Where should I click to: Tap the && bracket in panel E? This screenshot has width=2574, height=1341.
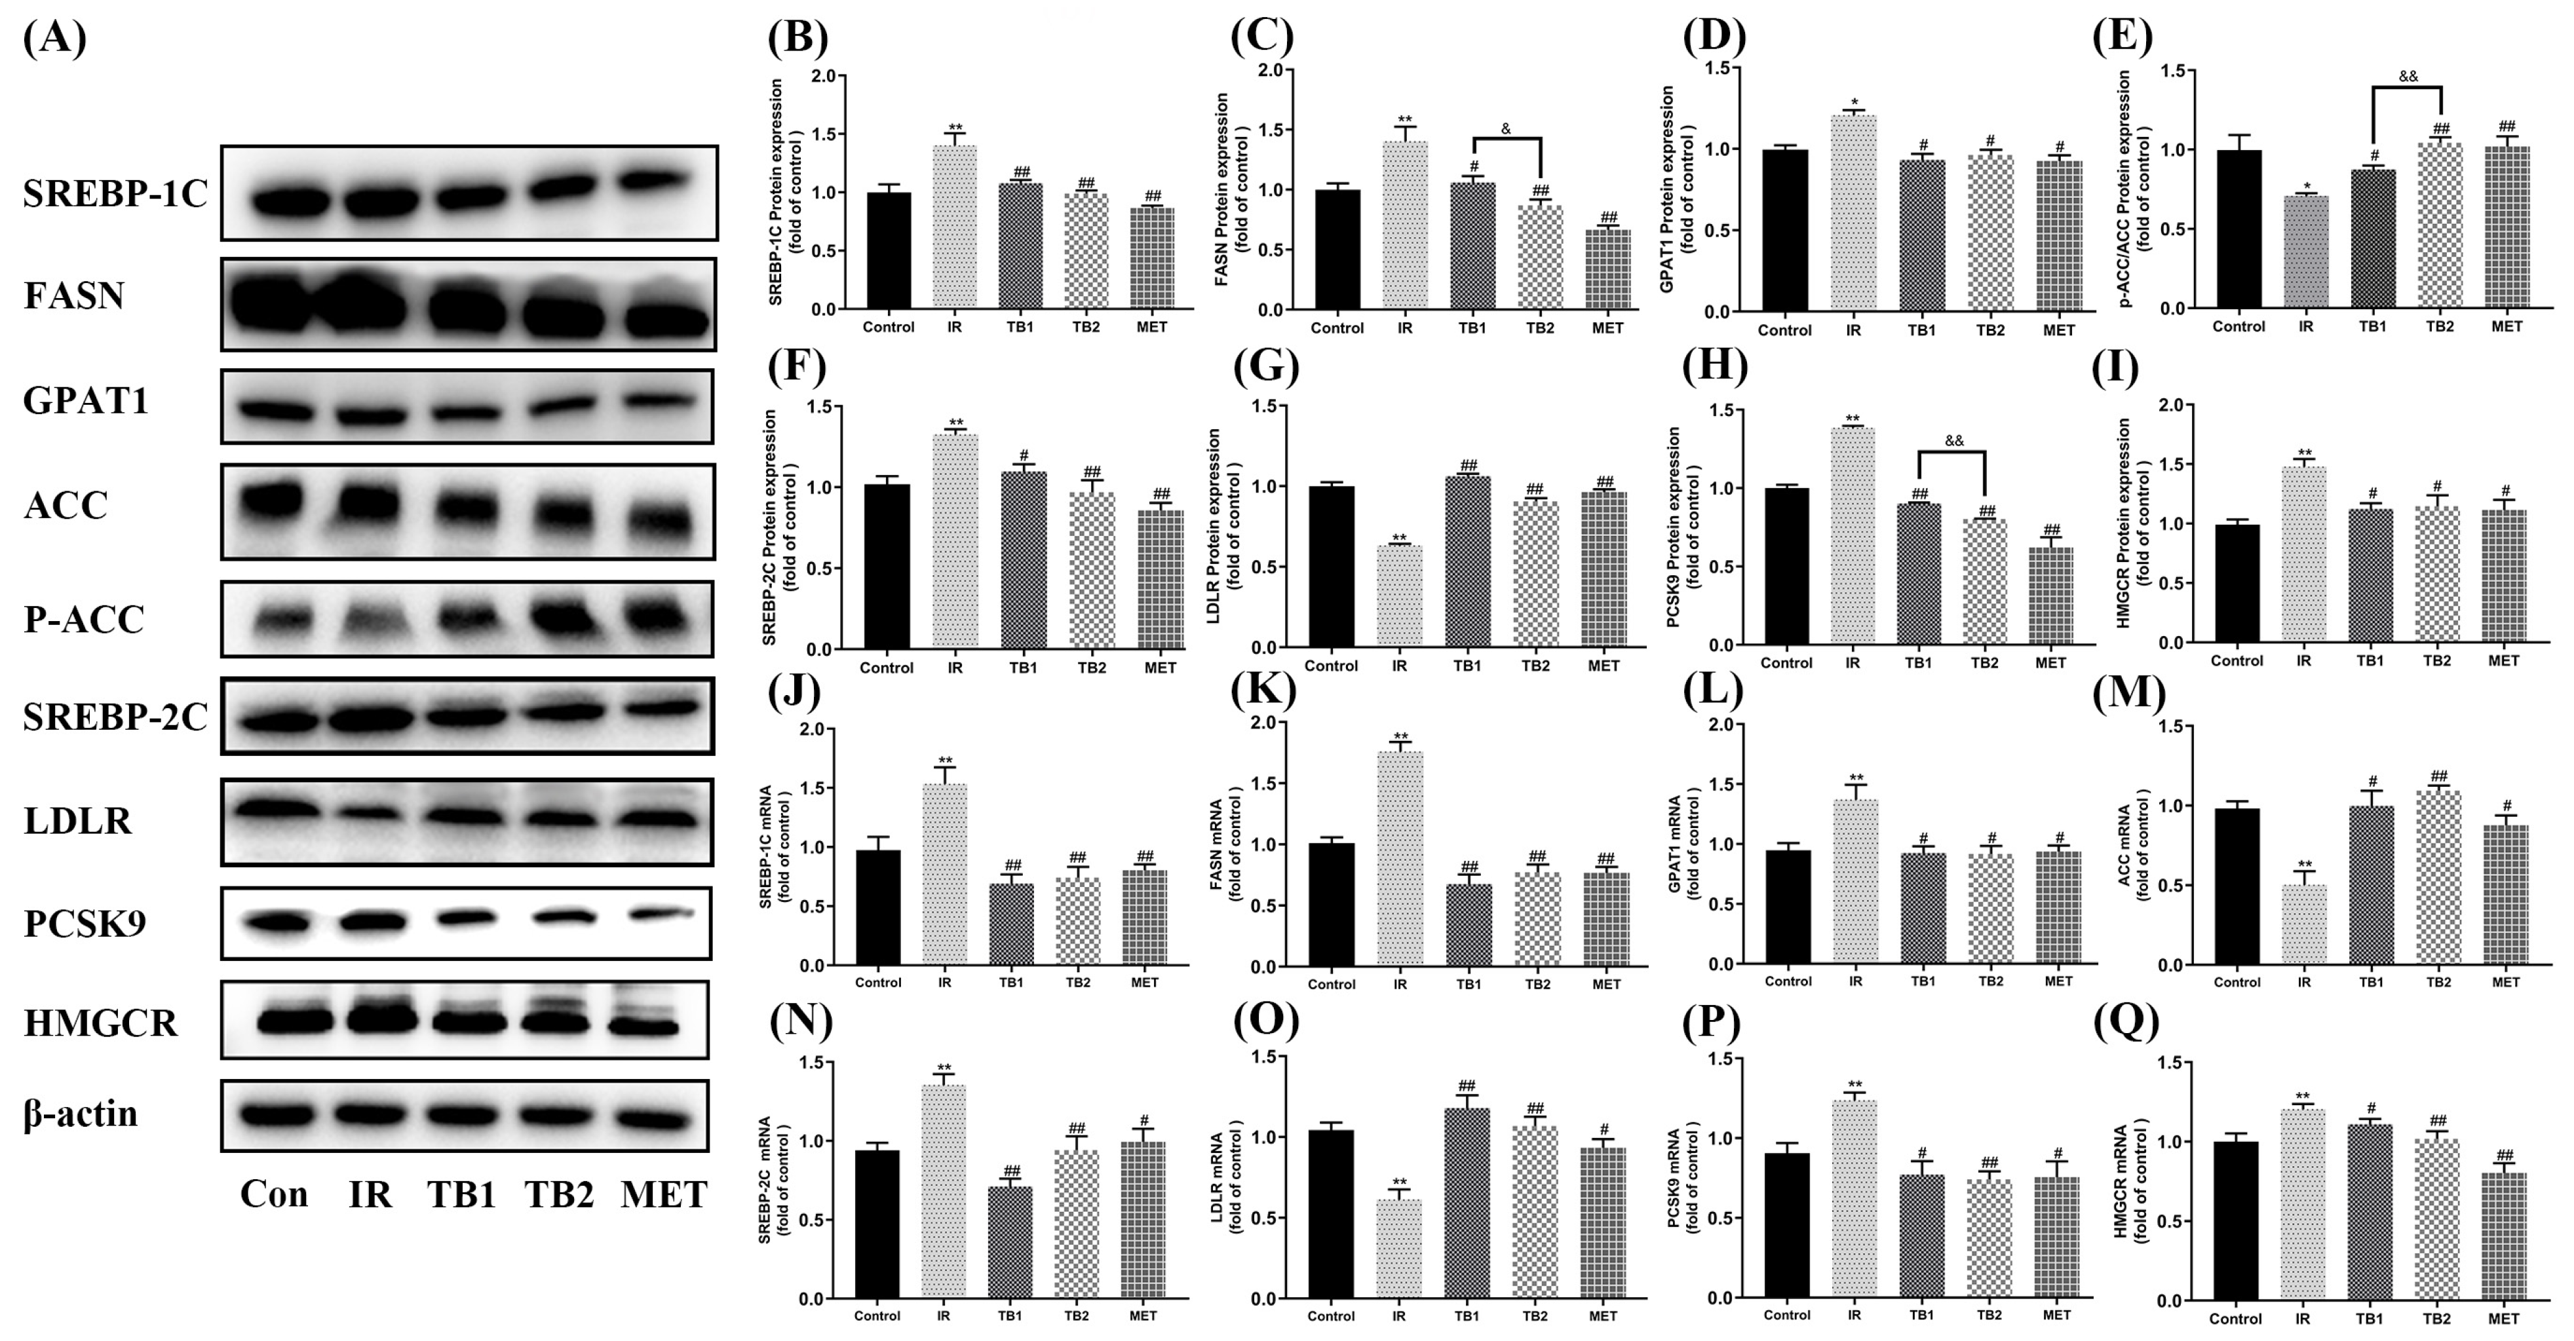(2407, 90)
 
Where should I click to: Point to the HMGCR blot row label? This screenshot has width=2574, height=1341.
(101, 1023)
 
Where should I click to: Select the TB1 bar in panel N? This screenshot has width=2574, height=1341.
(1010, 1242)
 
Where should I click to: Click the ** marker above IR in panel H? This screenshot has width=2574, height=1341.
(1853, 419)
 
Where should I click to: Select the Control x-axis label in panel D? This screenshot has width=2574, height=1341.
(1784, 331)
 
